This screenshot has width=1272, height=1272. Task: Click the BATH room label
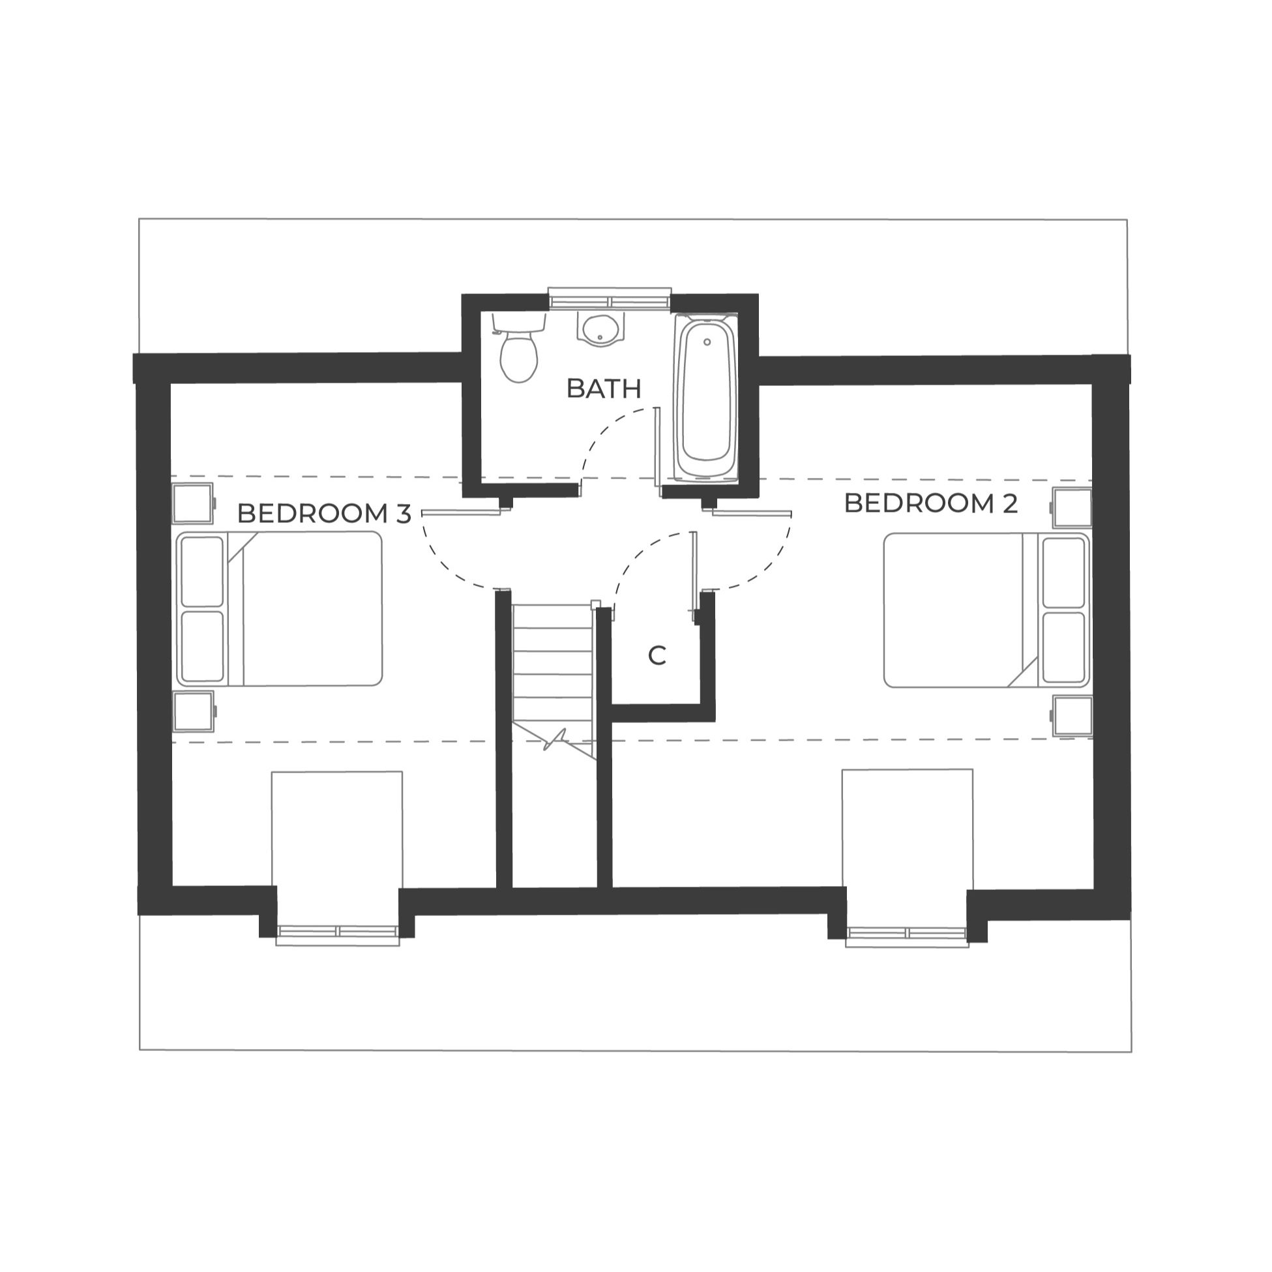pyautogui.click(x=603, y=389)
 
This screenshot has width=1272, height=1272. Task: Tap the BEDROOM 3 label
pyautogui.click(x=323, y=514)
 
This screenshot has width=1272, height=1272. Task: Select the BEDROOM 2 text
pyautogui.click(x=930, y=504)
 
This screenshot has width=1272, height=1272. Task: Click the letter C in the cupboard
pyautogui.click(x=657, y=656)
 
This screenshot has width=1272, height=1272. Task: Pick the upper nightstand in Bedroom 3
pyautogui.click(x=193, y=504)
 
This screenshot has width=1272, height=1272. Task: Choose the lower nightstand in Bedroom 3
pyautogui.click(x=193, y=711)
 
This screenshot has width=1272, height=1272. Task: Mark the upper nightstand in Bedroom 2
pyautogui.click(x=1072, y=508)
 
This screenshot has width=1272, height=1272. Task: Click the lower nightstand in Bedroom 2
pyautogui.click(x=1072, y=716)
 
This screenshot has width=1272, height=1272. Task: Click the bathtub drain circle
pyautogui.click(x=707, y=342)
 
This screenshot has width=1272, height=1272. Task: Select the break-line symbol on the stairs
pyautogui.click(x=557, y=739)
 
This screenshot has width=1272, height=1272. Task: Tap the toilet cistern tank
pyautogui.click(x=519, y=322)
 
